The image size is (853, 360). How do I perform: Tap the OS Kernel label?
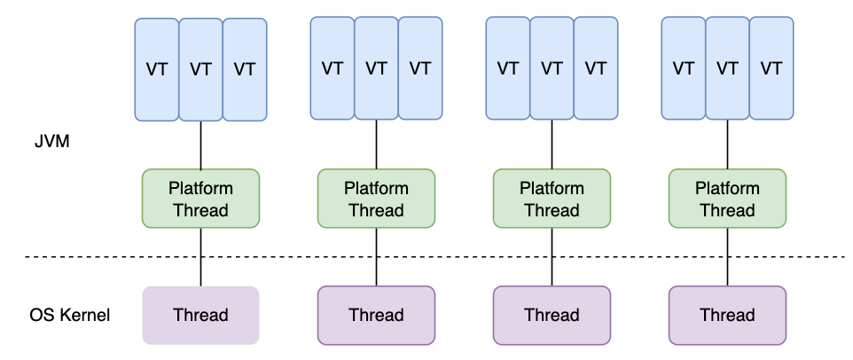click(x=70, y=315)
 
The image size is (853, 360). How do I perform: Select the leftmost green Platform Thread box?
click(x=200, y=199)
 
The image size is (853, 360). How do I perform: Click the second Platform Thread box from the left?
click(x=376, y=199)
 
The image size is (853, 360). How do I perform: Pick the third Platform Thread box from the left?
click(x=552, y=199)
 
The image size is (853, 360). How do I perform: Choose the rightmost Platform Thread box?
click(x=727, y=199)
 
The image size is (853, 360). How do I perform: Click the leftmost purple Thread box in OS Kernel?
click(x=200, y=315)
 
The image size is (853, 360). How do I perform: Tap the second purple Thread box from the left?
click(x=376, y=315)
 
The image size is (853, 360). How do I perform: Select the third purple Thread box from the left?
click(x=552, y=315)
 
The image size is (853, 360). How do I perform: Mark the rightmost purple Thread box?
click(x=727, y=315)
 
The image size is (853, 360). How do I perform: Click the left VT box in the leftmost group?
click(x=157, y=70)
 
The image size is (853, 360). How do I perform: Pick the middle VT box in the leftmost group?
click(x=200, y=70)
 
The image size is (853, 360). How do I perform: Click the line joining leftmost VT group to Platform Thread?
click(x=200, y=145)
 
